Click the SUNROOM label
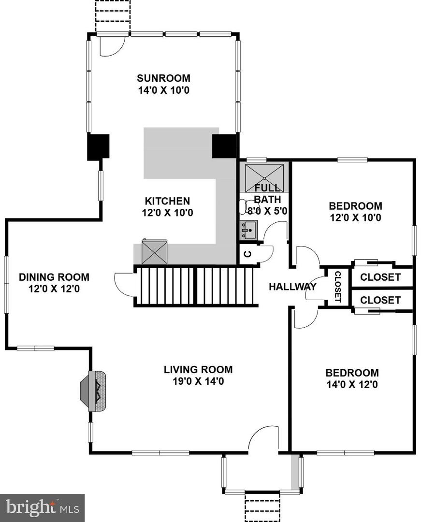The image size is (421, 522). (164, 78)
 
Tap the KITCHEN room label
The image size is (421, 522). (167, 201)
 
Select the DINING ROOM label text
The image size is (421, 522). (54, 277)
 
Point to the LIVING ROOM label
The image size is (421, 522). (198, 370)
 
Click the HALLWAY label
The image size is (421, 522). (292, 286)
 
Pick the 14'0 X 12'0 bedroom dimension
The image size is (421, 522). (352, 385)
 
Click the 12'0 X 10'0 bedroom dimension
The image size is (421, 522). (355, 217)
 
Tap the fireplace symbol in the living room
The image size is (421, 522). (93, 391)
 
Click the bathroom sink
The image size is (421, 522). (248, 230)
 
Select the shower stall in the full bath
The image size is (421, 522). (264, 177)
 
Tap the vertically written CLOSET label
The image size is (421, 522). (337, 287)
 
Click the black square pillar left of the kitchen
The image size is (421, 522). (98, 147)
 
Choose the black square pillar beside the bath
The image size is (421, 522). (224, 146)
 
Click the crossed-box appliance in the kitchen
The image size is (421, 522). (154, 252)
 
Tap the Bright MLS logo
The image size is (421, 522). (42, 508)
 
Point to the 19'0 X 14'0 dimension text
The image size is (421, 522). (198, 381)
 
